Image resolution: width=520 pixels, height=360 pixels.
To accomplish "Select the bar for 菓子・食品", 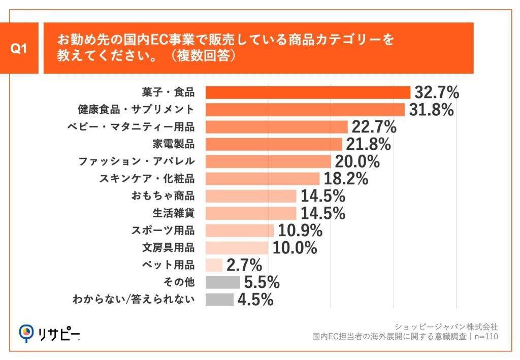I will [x=308, y=92].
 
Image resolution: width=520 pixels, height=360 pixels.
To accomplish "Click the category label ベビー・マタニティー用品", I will [x=131, y=127].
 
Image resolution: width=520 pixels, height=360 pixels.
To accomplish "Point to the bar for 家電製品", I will [x=274, y=144].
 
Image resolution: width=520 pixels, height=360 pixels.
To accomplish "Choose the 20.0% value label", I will [x=357, y=161].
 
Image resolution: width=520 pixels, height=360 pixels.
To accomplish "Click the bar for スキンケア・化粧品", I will [x=263, y=179].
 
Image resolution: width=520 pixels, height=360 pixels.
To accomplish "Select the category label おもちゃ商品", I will [x=162, y=196].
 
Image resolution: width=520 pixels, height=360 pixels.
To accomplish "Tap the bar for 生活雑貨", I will [x=251, y=213].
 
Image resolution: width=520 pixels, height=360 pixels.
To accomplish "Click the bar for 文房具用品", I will [x=237, y=248].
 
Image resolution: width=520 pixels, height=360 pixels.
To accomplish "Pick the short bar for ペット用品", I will [x=214, y=265].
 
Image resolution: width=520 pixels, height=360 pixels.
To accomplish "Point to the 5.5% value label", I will [x=261, y=282].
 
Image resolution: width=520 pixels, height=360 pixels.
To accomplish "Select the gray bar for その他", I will [x=222, y=282].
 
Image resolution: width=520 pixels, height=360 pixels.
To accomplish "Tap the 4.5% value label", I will [x=255, y=300].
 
